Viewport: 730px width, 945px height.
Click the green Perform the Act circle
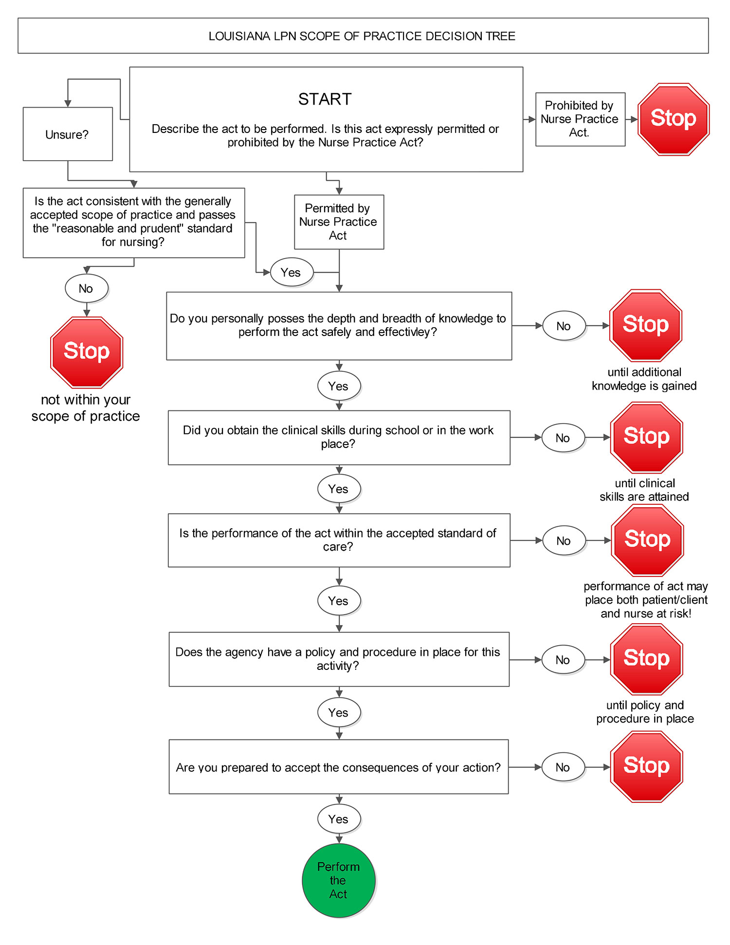(338, 880)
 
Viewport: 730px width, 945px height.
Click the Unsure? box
(68, 134)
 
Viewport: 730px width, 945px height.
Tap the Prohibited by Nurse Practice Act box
(580, 119)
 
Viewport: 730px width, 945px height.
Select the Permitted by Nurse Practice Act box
(339, 222)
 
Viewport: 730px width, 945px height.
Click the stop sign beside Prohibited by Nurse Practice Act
(674, 119)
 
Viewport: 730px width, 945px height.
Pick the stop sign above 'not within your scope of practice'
(87, 352)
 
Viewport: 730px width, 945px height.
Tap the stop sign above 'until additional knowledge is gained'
(646, 325)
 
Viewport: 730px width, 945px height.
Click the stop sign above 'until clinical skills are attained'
(646, 437)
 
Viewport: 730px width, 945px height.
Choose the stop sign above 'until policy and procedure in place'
(646, 659)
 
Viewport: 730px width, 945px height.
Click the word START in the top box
(325, 99)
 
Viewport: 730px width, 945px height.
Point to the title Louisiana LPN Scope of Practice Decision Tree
(362, 36)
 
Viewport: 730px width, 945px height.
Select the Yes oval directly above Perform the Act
(339, 819)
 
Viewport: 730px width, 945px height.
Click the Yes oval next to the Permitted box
(291, 272)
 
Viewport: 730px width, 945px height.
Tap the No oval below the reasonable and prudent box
(86, 288)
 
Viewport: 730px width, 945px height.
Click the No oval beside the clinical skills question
(563, 438)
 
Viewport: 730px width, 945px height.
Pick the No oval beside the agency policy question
(563, 660)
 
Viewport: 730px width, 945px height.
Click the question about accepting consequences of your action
(338, 767)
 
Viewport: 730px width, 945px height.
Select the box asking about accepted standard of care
(339, 540)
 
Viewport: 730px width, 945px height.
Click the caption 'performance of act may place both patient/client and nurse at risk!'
(646, 600)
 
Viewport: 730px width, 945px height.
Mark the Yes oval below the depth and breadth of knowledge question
(339, 386)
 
